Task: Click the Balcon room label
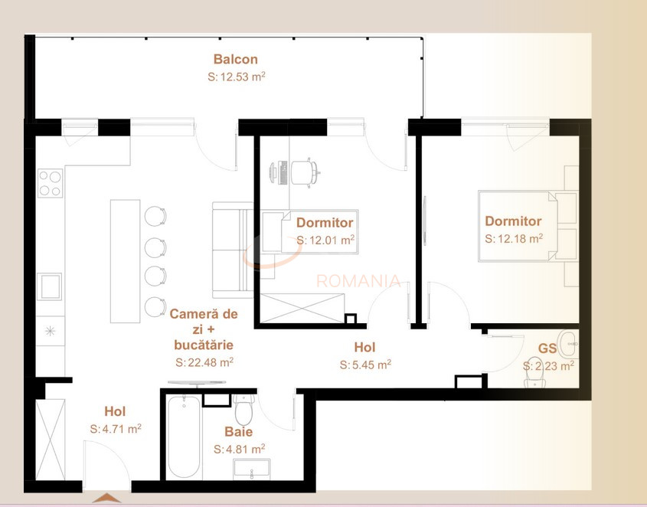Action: (x=235, y=59)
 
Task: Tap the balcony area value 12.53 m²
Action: (x=237, y=77)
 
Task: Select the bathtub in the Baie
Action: (x=185, y=437)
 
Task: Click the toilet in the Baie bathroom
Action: (x=244, y=412)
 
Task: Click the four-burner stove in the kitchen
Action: (x=51, y=183)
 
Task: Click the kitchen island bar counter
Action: (x=126, y=260)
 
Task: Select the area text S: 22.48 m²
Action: (x=204, y=362)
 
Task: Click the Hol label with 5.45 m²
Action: (x=365, y=346)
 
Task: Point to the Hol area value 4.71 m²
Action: (x=115, y=429)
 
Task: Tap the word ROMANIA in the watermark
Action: (x=358, y=281)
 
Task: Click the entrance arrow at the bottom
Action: (x=106, y=499)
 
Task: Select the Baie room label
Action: (x=238, y=432)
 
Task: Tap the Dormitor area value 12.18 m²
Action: (x=514, y=239)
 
